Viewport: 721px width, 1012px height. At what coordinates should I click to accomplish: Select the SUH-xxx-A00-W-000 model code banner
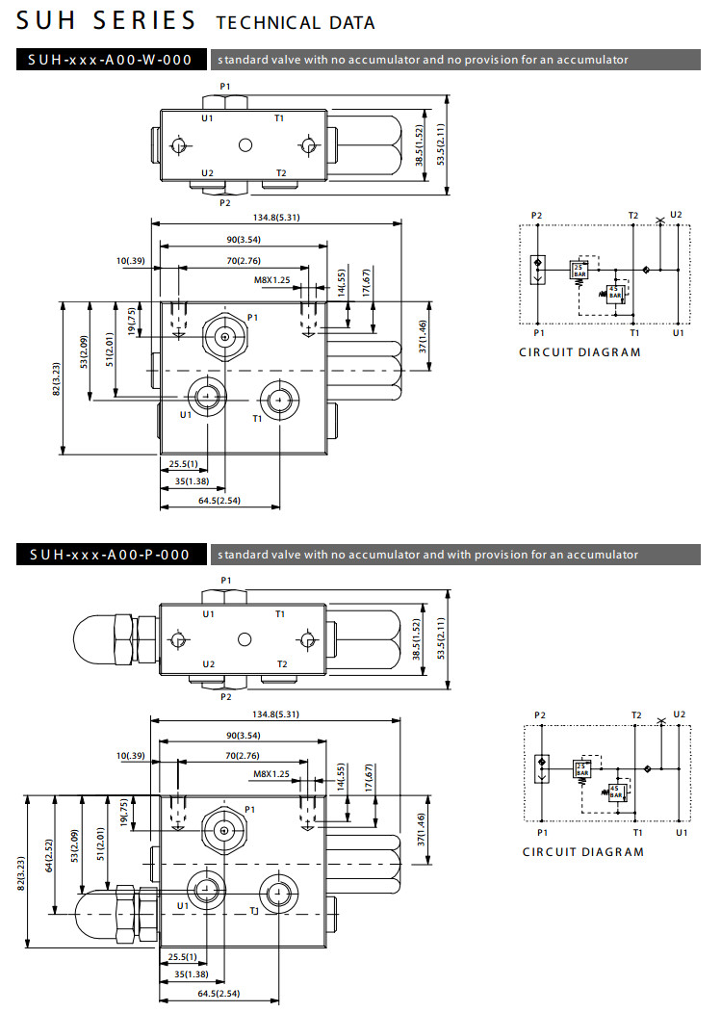[112, 60]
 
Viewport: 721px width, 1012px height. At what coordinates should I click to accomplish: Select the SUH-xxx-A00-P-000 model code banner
[112, 555]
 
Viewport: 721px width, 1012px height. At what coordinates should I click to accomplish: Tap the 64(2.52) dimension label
[47, 877]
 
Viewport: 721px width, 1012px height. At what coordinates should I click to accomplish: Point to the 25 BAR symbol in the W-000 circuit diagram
[579, 270]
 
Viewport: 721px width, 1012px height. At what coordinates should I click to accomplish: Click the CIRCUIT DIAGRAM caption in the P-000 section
[583, 852]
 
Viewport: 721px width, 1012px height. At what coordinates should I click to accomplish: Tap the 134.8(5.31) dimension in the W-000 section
[276, 218]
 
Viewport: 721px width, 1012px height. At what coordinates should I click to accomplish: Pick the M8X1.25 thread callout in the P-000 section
[271, 773]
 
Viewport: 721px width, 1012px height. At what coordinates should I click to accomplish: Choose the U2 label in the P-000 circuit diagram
[680, 714]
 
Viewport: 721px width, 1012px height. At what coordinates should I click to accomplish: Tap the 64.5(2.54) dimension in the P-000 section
[219, 993]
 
